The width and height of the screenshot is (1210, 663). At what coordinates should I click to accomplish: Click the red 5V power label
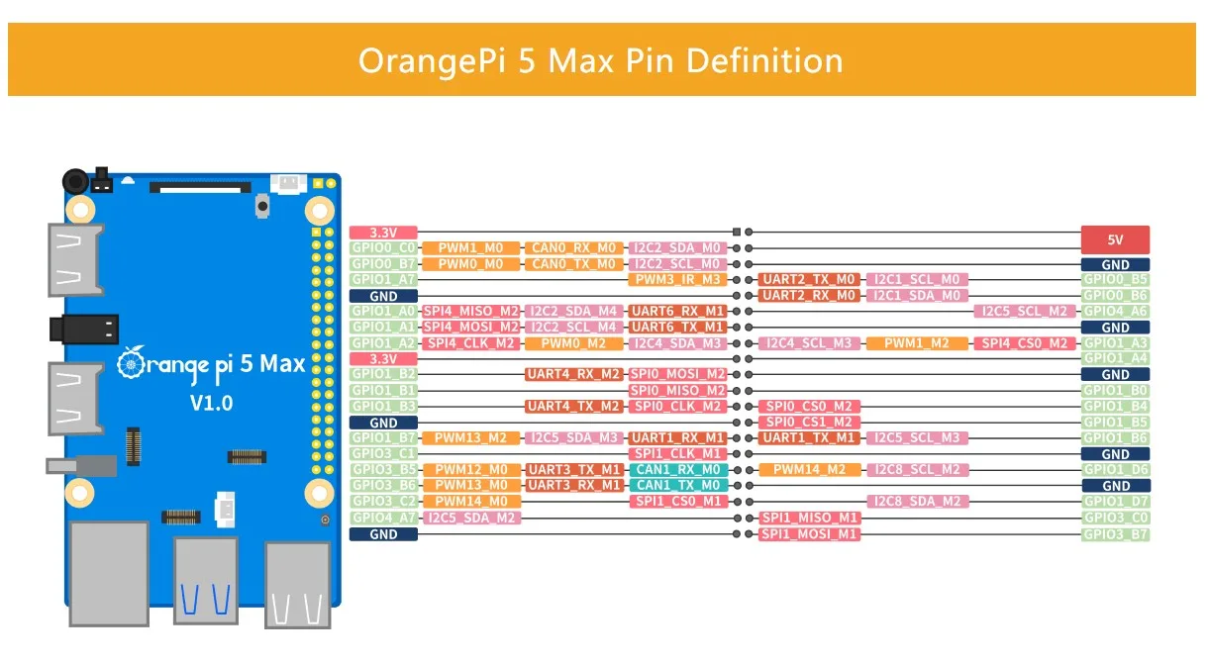1115,239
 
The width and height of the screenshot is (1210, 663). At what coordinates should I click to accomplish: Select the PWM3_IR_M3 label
677,280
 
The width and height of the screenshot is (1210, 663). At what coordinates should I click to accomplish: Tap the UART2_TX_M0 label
809,280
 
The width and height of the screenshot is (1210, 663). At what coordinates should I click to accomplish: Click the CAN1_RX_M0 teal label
678,470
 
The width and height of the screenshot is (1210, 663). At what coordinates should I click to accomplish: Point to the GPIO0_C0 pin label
383,248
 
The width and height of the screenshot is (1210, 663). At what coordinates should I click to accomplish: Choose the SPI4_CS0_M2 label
1024,343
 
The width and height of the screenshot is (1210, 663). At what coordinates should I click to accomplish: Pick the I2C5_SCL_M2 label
1024,312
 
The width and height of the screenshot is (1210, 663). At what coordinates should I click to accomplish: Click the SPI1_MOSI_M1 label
809,534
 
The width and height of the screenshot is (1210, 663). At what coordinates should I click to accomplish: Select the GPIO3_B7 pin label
1115,534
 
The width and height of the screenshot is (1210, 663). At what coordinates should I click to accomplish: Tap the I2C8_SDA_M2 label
917,502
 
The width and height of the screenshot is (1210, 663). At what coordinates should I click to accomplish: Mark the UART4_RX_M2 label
573,375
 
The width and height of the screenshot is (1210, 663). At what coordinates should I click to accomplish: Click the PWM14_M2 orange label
809,470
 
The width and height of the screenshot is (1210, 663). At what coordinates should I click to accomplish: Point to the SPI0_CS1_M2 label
809,423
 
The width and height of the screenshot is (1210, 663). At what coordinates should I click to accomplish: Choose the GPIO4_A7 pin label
383,518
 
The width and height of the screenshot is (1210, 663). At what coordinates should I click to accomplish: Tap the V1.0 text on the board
211,404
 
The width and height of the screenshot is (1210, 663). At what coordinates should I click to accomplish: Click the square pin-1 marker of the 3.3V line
737,233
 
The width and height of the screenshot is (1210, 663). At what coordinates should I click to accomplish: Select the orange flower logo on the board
131,362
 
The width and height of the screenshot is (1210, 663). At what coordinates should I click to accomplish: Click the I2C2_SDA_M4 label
573,312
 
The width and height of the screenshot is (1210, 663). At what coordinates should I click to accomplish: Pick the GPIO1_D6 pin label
1115,470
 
